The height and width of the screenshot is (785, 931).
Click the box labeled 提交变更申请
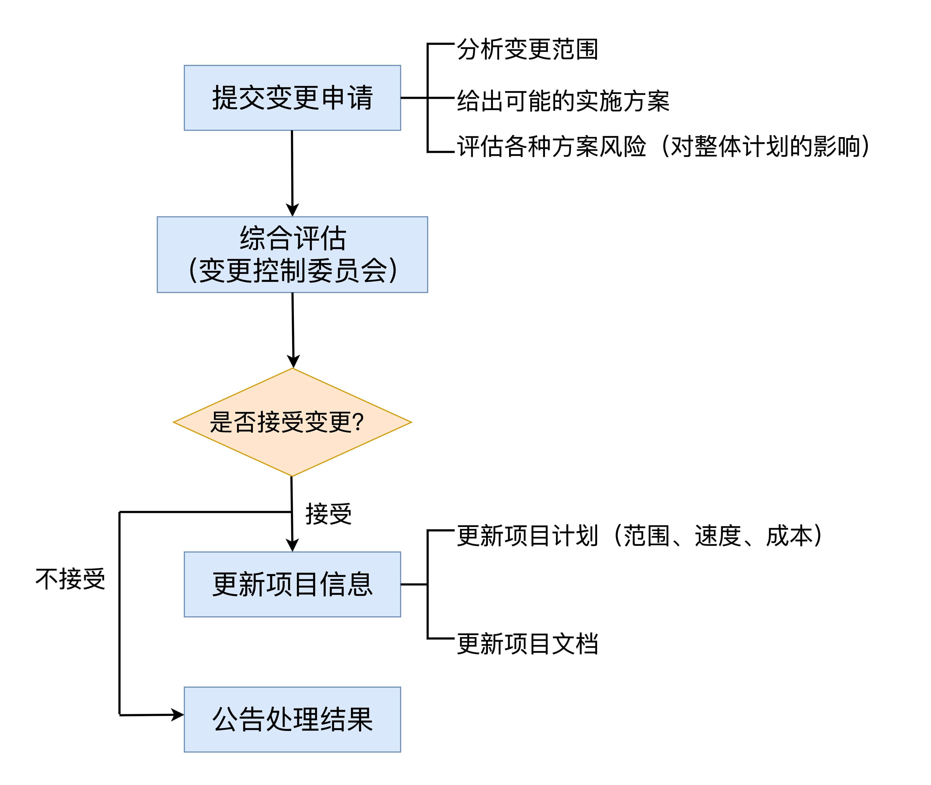pyautogui.click(x=292, y=98)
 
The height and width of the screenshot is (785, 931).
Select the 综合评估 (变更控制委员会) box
pyautogui.click(x=292, y=255)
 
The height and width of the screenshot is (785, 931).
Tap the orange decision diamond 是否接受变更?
pyautogui.click(x=292, y=422)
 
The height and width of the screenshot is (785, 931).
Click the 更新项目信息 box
pyautogui.click(x=292, y=584)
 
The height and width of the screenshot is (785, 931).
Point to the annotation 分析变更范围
pyautogui.click(x=528, y=49)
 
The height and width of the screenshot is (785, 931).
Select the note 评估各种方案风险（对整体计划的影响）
pyautogui.click(x=664, y=146)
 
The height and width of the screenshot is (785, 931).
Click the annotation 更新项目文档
pyautogui.click(x=528, y=644)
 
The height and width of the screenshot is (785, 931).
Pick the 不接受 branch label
pyautogui.click(x=70, y=579)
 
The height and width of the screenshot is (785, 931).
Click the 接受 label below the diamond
pyautogui.click(x=328, y=514)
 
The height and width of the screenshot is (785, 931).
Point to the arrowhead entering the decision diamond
pyautogui.click(x=293, y=361)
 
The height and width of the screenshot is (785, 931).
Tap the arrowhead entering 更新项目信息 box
pyautogui.click(x=292, y=545)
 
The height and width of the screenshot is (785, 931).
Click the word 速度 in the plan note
pyautogui.click(x=718, y=535)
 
